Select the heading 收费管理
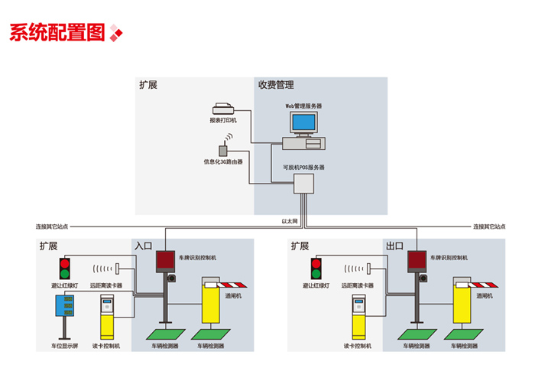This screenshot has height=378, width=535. click(276, 85)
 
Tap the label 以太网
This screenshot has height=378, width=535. click(289, 221)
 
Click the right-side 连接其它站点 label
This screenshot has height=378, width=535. click(488, 227)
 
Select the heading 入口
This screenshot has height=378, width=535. click(144, 246)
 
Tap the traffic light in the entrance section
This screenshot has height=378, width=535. click(64, 269)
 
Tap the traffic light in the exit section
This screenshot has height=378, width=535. click(315, 269)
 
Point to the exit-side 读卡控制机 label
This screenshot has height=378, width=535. click(357, 347)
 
